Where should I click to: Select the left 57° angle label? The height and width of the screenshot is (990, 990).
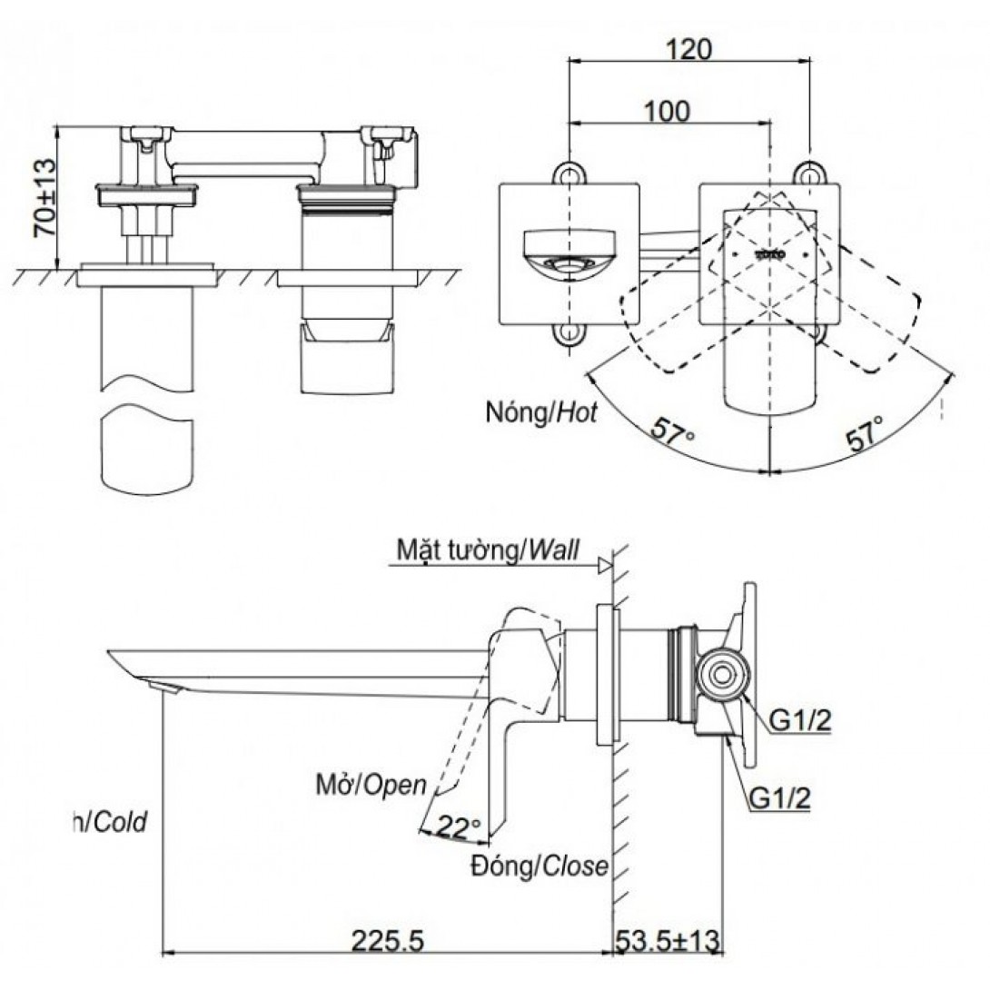673,431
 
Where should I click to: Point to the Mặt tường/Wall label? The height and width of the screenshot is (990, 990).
488,549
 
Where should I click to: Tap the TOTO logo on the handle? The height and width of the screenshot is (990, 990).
770,253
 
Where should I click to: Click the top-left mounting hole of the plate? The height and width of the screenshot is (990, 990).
569,173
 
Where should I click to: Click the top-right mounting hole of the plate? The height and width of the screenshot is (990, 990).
807,173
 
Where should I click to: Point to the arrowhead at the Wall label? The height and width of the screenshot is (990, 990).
603,566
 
